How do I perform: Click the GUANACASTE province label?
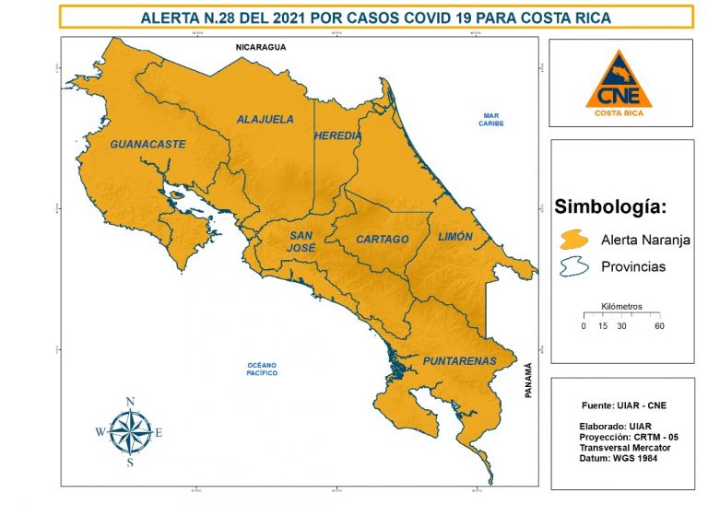pyautogui.click(x=147, y=144)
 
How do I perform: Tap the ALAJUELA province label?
pyautogui.click(x=265, y=120)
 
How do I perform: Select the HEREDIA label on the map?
pyautogui.click(x=337, y=135)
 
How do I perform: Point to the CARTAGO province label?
pyautogui.click(x=382, y=240)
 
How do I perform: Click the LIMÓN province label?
pyautogui.click(x=455, y=237)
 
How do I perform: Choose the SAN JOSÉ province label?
pyautogui.click(x=302, y=241)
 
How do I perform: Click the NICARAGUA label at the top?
pyautogui.click(x=262, y=46)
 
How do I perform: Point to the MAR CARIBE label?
pyautogui.click(x=490, y=119)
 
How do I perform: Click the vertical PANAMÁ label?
pyautogui.click(x=528, y=380)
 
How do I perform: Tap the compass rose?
pyautogui.click(x=130, y=430)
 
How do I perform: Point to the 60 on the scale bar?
pyautogui.click(x=659, y=326)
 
